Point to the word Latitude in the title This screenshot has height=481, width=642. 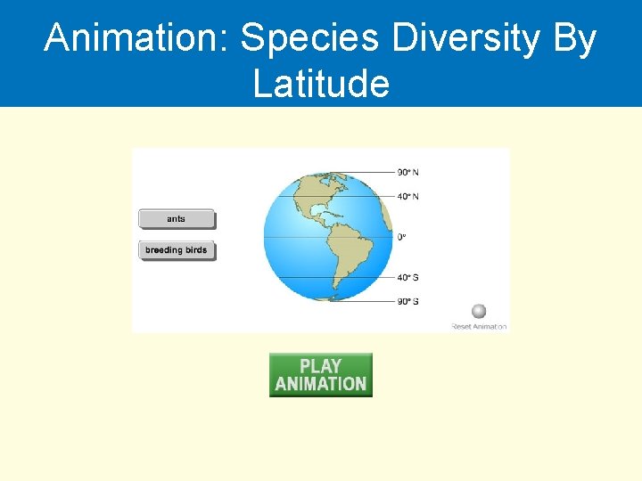[321, 84]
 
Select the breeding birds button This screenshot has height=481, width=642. [177, 250]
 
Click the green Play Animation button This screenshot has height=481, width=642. [321, 375]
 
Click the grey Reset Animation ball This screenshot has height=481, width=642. [479, 311]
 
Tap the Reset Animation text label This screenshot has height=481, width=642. [479, 327]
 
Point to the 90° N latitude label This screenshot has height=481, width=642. [408, 172]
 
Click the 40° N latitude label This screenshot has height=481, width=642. [408, 196]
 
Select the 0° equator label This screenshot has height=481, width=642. [401, 237]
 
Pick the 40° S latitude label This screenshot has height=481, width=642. [408, 277]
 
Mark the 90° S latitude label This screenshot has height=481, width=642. [408, 301]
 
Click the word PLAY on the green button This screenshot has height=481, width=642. [321, 366]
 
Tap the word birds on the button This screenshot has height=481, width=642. [195, 250]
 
